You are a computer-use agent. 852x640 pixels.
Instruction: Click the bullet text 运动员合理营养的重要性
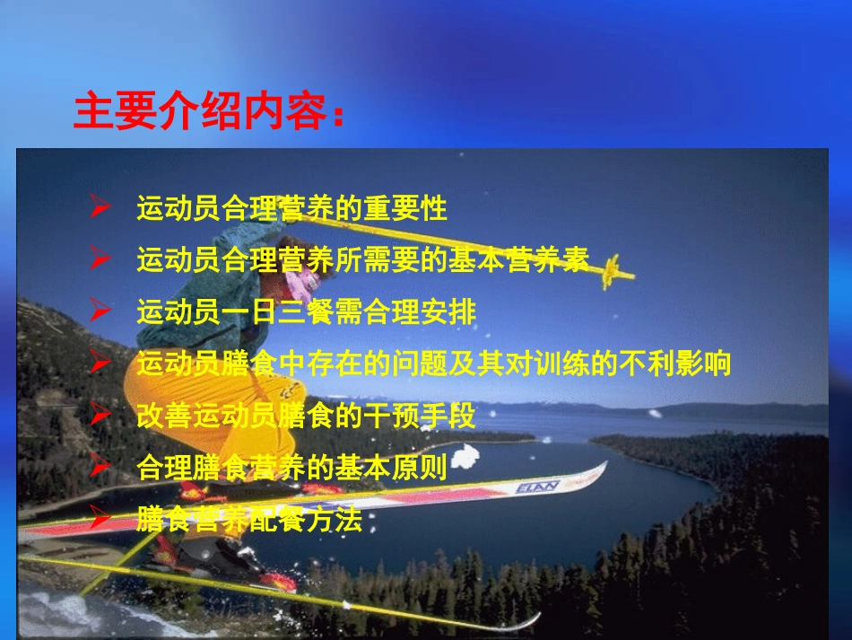point(291,209)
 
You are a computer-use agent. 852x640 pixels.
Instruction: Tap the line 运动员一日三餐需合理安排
point(306,312)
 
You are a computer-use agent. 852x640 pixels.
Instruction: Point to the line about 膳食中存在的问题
point(434,364)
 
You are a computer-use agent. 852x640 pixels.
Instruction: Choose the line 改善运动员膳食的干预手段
point(306,416)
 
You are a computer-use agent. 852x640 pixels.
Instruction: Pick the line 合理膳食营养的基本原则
point(291,468)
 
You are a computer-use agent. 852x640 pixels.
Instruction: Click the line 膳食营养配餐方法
point(249,520)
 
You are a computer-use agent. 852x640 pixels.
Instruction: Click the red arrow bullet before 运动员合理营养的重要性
point(100,209)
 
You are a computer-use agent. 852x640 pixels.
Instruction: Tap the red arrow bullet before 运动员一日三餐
point(100,312)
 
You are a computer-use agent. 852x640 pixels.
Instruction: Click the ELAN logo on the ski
point(537,486)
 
